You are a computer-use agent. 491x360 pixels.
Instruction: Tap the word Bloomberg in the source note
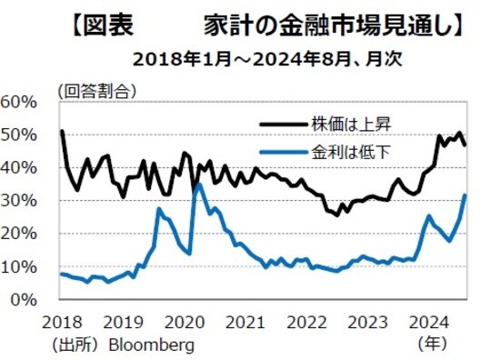(x=148, y=345)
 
